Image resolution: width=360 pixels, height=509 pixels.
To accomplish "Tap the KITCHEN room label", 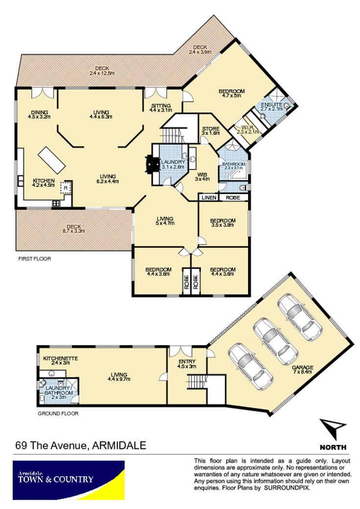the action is pos(44,181).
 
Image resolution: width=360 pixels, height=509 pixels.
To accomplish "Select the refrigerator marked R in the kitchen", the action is pos(66,188).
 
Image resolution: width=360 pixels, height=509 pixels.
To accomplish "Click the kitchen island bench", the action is pos(52,160).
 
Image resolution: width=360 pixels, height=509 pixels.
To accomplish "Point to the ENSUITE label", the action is pos(271,105).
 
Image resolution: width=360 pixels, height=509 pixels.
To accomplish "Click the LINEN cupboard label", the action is pos(209,198).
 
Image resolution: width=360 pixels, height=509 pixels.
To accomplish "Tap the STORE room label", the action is pos(211,129).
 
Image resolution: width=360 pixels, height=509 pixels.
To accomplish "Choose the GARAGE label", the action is pos(303,368).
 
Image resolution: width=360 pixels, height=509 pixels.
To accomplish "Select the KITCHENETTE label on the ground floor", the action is pos(60,358).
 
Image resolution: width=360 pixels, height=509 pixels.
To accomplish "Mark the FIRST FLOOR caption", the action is pos(35,259).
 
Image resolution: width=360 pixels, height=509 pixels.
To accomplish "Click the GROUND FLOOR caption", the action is pos(58,413).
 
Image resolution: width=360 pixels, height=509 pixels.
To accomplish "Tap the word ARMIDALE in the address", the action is pos(119,445).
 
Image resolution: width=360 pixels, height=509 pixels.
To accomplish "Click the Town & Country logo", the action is pos(68,480).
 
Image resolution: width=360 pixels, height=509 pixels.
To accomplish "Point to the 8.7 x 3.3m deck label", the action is pos(74,229).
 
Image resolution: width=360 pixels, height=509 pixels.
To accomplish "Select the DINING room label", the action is pos(39,112).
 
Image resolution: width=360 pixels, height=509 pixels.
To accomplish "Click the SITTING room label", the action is pos(161,106).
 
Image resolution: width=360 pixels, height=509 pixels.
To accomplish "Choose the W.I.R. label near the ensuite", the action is pos(247,128).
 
